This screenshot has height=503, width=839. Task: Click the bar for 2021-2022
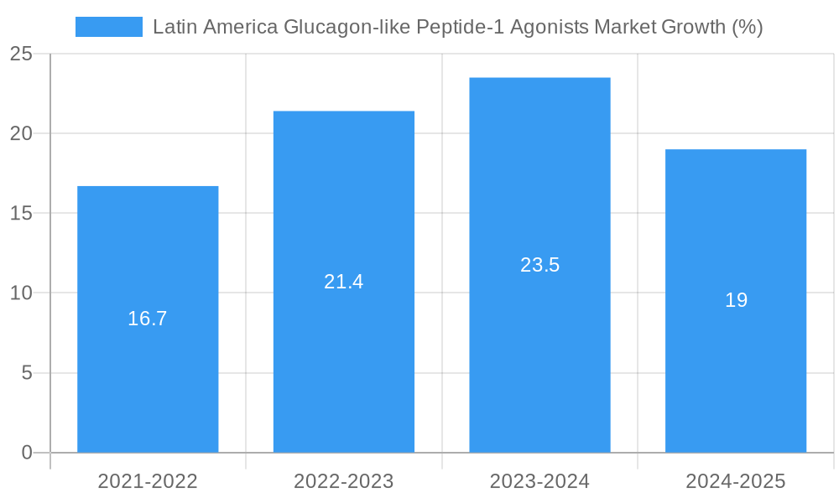148,377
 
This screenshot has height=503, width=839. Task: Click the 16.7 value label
148,319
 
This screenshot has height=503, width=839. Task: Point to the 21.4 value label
344,282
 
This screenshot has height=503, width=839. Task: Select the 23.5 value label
539,265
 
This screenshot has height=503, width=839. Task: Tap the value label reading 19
736,300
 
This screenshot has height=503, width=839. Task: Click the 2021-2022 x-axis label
148,481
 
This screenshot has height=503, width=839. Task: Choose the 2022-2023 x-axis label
344,481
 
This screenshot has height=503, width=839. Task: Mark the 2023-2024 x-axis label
539,481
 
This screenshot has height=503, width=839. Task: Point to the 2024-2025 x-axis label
736,481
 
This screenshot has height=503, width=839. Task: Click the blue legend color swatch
109,27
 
